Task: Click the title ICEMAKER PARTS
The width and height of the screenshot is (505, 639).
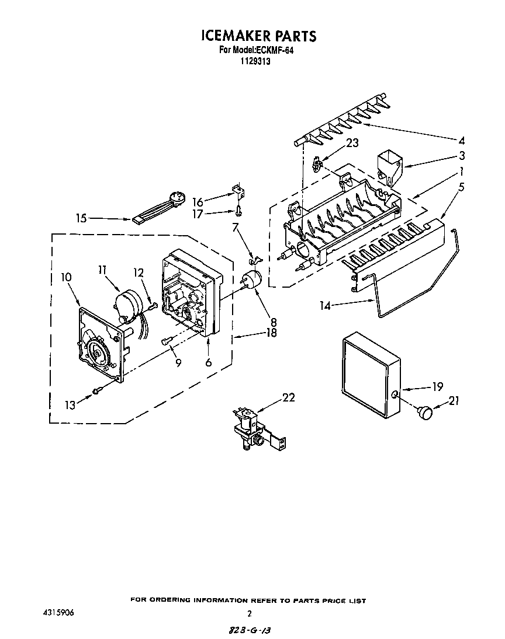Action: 258,36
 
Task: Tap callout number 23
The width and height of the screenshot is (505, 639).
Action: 352,142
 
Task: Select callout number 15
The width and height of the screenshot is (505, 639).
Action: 81,218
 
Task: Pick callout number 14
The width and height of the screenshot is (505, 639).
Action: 325,305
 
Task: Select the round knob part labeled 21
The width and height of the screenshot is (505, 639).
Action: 426,413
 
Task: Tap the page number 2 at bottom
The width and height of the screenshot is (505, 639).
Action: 250,613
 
